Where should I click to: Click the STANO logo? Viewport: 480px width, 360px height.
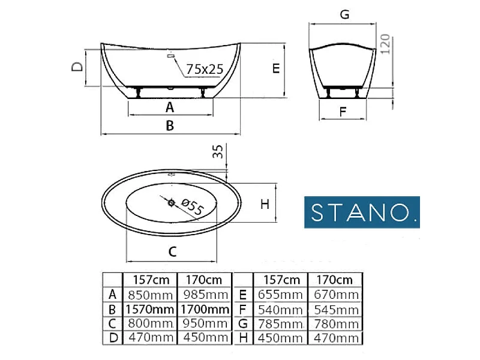pyautogui.click(x=362, y=212)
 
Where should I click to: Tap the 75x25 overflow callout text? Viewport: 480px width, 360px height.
pyautogui.click(x=205, y=69)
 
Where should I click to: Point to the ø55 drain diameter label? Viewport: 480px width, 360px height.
pyautogui.click(x=192, y=206)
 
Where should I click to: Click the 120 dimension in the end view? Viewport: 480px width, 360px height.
pyautogui.click(x=385, y=44)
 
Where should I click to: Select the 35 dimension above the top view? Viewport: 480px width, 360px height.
pyautogui.click(x=218, y=151)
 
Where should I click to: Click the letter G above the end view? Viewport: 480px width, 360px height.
pyautogui.click(x=344, y=14)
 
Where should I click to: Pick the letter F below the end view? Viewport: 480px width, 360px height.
pyautogui.click(x=343, y=112)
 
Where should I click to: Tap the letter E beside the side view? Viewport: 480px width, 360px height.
pyautogui.click(x=276, y=68)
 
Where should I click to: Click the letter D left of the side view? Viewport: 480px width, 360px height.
pyautogui.click(x=77, y=67)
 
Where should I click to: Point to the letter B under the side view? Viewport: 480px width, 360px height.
pyautogui.click(x=170, y=125)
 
